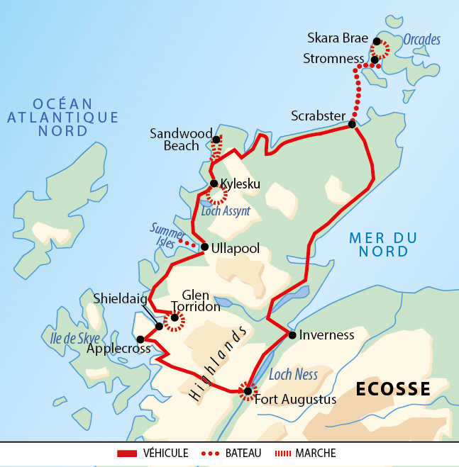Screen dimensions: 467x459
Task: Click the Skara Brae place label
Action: tap(337, 38)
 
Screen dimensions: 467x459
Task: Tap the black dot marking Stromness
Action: tap(375, 60)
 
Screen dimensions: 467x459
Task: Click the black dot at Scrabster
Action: tap(352, 125)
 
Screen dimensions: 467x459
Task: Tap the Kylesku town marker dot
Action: tap(214, 184)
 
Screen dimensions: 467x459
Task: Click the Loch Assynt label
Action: tap(226, 210)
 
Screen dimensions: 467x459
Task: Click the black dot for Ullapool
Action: tap(204, 247)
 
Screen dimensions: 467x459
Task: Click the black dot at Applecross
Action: tap(140, 339)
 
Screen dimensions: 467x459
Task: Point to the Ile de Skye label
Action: tap(71, 338)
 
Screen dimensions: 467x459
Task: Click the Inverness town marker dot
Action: tap(292, 334)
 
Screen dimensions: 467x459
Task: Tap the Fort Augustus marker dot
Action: tap(247, 391)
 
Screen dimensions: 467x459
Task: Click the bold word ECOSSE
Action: tap(393, 389)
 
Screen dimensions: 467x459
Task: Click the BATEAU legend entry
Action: tap(245, 453)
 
